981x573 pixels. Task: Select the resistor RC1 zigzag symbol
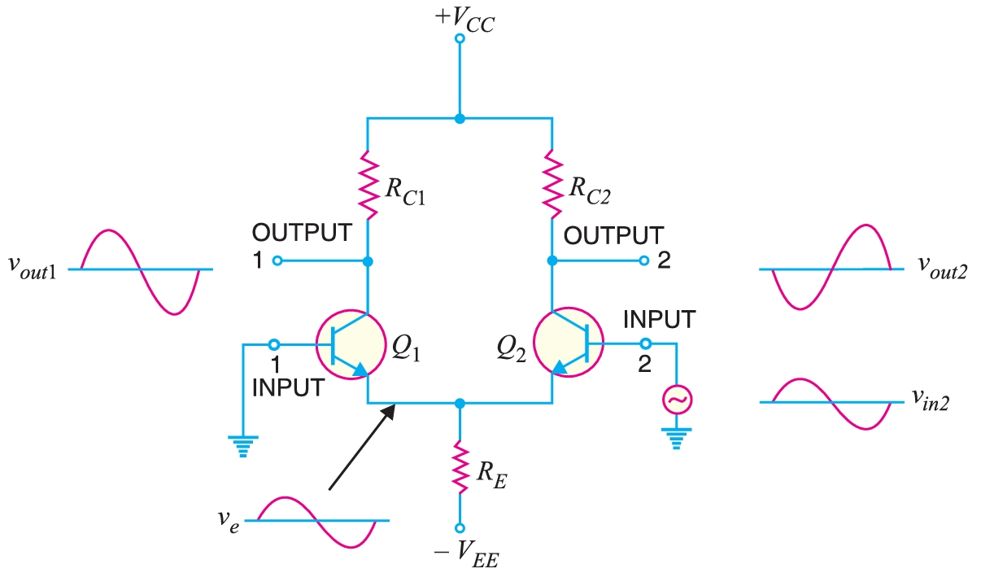pyautogui.click(x=368, y=185)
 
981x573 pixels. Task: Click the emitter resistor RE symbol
pyautogui.click(x=460, y=466)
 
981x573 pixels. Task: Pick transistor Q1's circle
pyautogui.click(x=350, y=344)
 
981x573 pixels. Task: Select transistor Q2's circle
pyautogui.click(x=569, y=344)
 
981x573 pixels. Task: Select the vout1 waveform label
pyautogui.click(x=33, y=269)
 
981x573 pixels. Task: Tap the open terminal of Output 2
pyautogui.click(x=643, y=261)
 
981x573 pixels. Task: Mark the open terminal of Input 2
pyautogui.click(x=645, y=343)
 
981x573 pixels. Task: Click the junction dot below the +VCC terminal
pyautogui.click(x=460, y=119)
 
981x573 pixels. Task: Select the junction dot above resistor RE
pyautogui.click(x=460, y=403)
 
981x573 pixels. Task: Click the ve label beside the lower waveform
pyautogui.click(x=230, y=520)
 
